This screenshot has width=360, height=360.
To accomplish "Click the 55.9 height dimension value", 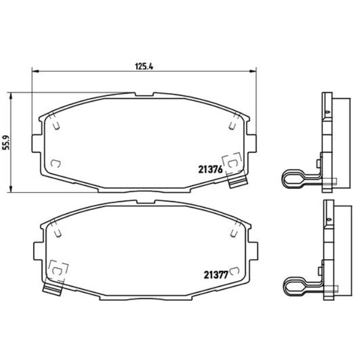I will [x=6, y=142].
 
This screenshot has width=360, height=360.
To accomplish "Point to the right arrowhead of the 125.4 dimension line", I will [x=255, y=71].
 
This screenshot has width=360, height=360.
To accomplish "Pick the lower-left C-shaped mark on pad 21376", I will [x=55, y=163].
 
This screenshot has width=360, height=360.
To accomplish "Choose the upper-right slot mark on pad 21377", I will [x=234, y=228].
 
